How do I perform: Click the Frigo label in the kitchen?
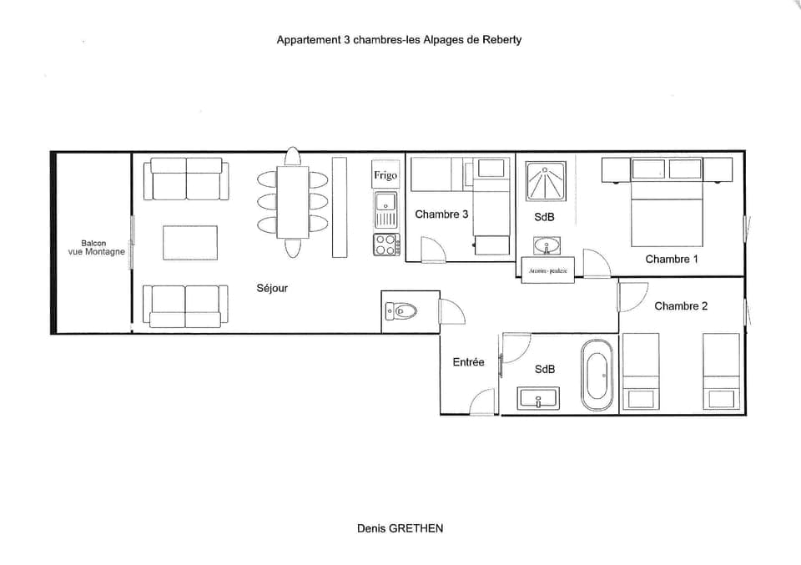click(x=385, y=176)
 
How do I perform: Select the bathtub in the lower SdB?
click(x=597, y=375)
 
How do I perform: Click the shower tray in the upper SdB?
click(x=545, y=181)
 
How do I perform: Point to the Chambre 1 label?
click(x=671, y=259)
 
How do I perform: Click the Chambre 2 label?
click(x=680, y=306)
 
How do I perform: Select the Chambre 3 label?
click(x=441, y=214)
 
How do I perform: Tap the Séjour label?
click(x=272, y=288)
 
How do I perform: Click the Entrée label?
click(x=468, y=362)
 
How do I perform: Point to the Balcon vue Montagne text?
click(x=96, y=248)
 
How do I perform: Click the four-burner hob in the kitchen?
click(x=385, y=244)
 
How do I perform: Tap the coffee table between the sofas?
click(x=190, y=243)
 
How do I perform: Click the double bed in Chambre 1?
click(x=667, y=214)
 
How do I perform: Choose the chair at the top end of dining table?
click(x=292, y=157)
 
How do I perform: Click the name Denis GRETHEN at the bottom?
click(x=400, y=528)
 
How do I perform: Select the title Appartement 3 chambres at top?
click(x=399, y=39)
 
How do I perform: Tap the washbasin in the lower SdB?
click(x=538, y=398)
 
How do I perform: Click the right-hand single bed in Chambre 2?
click(x=721, y=371)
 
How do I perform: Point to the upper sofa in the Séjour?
click(x=185, y=179)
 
